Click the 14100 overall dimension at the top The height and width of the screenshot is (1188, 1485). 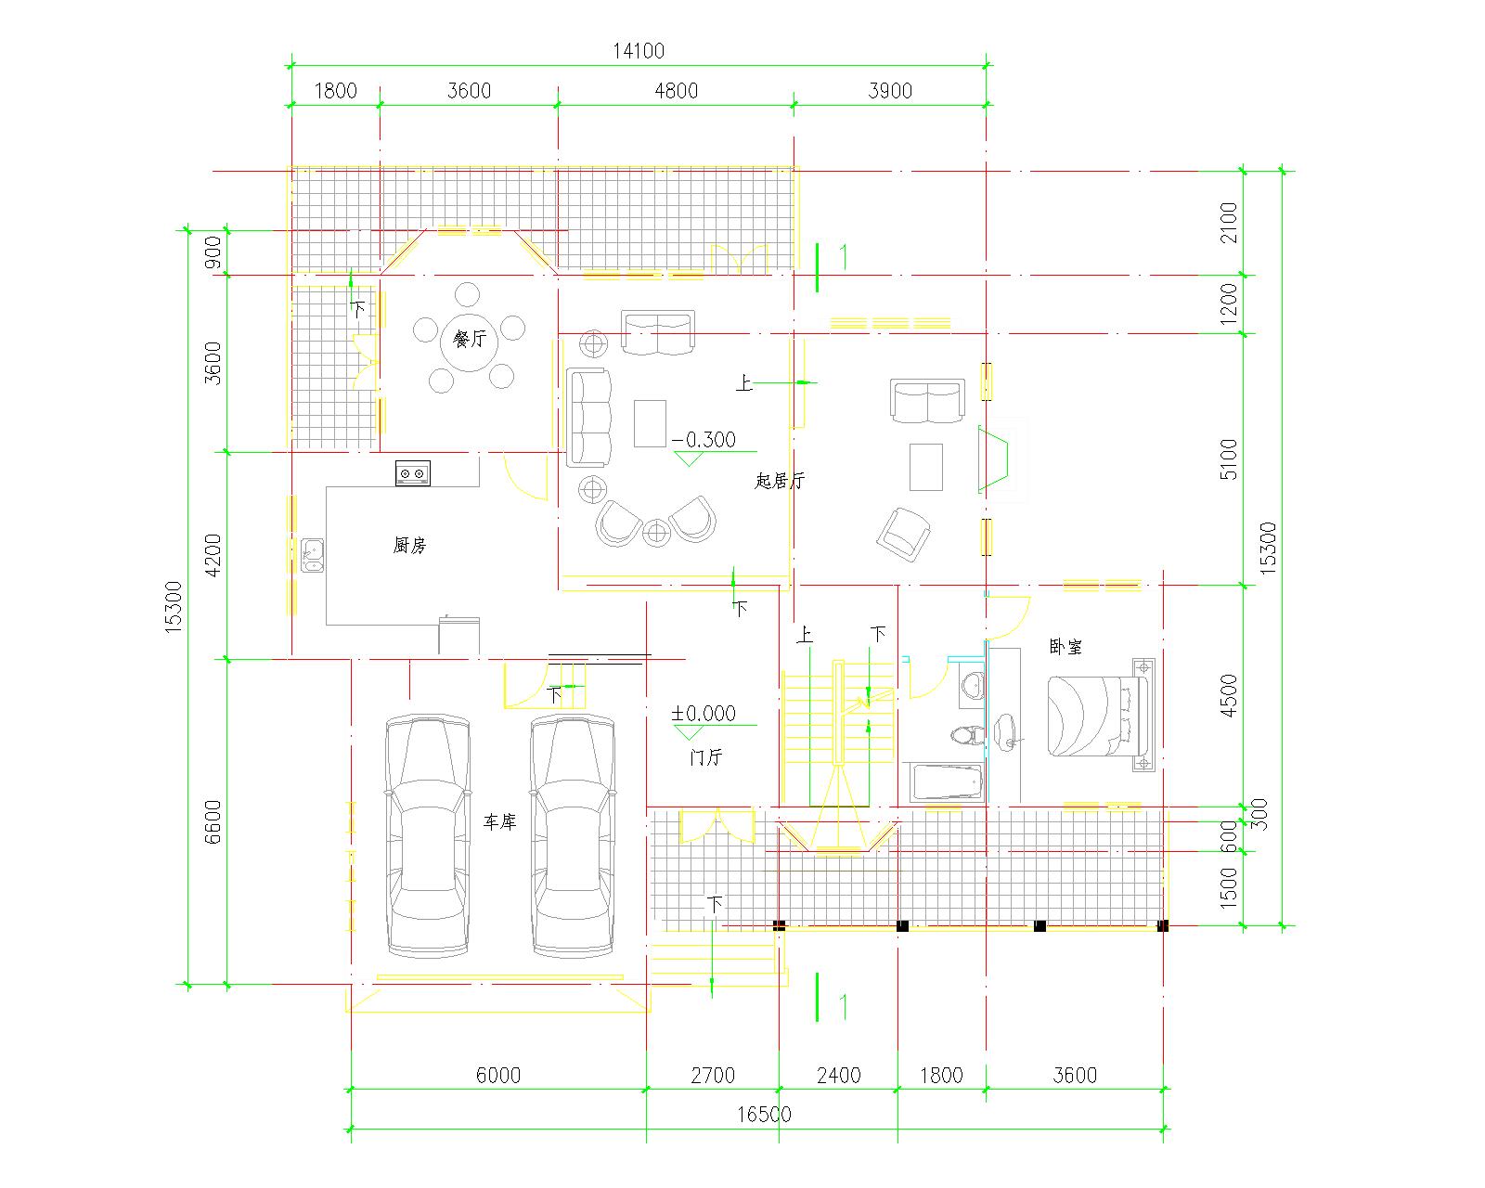[639, 51]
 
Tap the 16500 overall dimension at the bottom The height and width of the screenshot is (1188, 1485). [764, 1114]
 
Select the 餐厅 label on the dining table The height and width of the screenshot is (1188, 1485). [470, 338]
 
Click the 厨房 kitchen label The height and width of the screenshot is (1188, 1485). [409, 546]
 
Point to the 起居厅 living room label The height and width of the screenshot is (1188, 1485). [780, 481]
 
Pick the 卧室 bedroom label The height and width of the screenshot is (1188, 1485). [1065, 647]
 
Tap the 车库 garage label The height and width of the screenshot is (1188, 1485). [499, 821]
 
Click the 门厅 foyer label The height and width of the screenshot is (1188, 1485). [706, 757]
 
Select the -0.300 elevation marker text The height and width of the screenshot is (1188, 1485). [704, 440]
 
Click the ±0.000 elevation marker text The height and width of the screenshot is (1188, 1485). [704, 713]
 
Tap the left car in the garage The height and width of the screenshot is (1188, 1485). [428, 836]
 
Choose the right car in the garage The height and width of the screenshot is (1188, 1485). [573, 836]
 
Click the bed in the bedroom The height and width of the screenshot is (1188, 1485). [1101, 716]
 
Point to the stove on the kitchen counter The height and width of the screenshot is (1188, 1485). [413, 473]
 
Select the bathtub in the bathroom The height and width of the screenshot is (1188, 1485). [947, 782]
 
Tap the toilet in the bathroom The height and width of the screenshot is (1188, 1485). [966, 734]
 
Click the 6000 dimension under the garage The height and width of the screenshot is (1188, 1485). [498, 1075]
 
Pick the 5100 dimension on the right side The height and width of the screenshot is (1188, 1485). [1229, 459]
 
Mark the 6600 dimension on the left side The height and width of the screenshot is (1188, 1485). [213, 821]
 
